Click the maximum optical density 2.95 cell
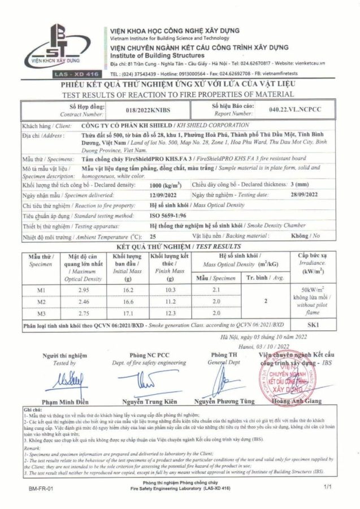[83, 290]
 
